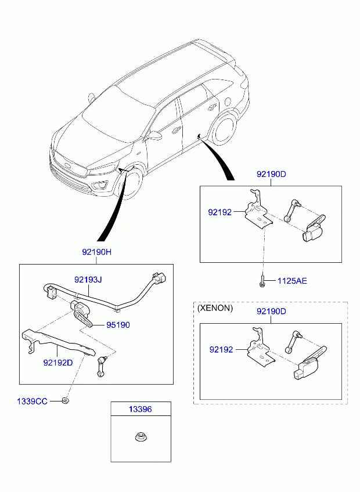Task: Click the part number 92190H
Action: pyautogui.click(x=97, y=252)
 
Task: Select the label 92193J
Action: pyautogui.click(x=88, y=280)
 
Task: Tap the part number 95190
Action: pyautogui.click(x=118, y=325)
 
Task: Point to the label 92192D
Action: pyautogui.click(x=58, y=363)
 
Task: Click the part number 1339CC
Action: pyautogui.click(x=32, y=401)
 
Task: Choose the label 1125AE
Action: pyautogui.click(x=292, y=281)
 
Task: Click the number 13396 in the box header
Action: pyautogui.click(x=141, y=409)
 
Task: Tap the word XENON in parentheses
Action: pyautogui.click(x=215, y=308)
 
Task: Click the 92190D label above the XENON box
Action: pyautogui.click(x=271, y=311)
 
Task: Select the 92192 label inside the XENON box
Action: pyautogui.click(x=221, y=349)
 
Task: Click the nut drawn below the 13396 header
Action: pyautogui.click(x=141, y=437)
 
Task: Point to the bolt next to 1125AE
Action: pyautogui.click(x=262, y=281)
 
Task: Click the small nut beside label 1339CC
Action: pyautogui.click(x=66, y=400)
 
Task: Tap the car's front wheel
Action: pyautogui.click(x=131, y=183)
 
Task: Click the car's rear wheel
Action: pyautogui.click(x=224, y=127)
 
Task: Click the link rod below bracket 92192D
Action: pyautogui.click(x=102, y=367)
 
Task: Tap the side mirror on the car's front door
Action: pyautogui.click(x=154, y=136)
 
